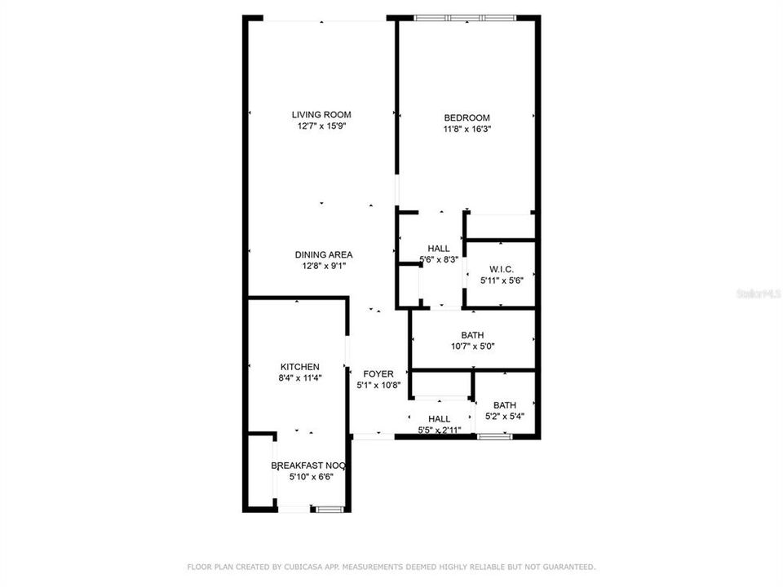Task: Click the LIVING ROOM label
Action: pos(321,115)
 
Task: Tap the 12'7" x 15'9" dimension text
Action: pos(321,127)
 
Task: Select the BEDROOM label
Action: pos(467,118)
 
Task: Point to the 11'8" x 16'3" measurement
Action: pos(467,129)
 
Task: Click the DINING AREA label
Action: pos(323,254)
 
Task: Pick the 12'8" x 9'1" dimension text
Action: pos(323,266)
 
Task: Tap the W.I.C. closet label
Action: pos(501,269)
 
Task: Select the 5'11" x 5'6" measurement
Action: pos(501,280)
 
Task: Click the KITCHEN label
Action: pos(299,367)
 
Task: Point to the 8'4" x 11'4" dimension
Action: pos(299,378)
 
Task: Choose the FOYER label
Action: pos(378,374)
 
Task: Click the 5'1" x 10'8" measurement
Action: pos(378,386)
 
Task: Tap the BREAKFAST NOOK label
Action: pos(309,466)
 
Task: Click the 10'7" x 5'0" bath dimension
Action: pos(472,346)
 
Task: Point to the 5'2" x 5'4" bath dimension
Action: pos(504,417)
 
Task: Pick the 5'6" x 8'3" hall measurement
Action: pos(438,259)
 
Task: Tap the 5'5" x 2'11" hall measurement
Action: pos(440,430)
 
